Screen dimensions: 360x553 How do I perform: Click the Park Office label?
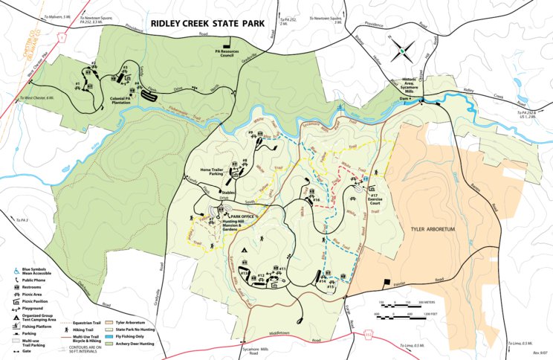click(243, 216)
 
